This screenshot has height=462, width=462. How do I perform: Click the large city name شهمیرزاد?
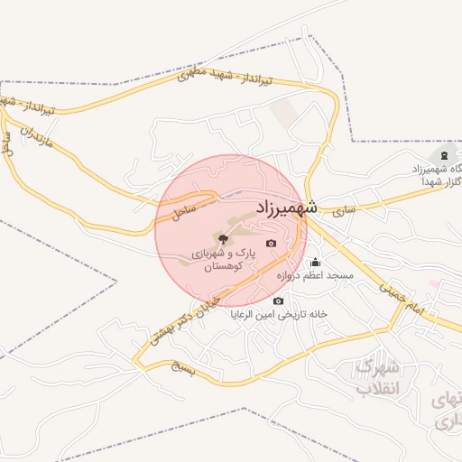pos(286,207)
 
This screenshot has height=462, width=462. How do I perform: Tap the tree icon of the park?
pos(223,238)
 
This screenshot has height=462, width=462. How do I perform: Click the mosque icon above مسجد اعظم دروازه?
pos(315,263)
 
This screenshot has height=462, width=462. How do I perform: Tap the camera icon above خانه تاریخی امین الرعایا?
pos(278,300)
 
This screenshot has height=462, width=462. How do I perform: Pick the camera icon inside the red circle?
pos(272,243)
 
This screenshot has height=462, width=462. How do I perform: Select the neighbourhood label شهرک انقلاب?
pos(374,378)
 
